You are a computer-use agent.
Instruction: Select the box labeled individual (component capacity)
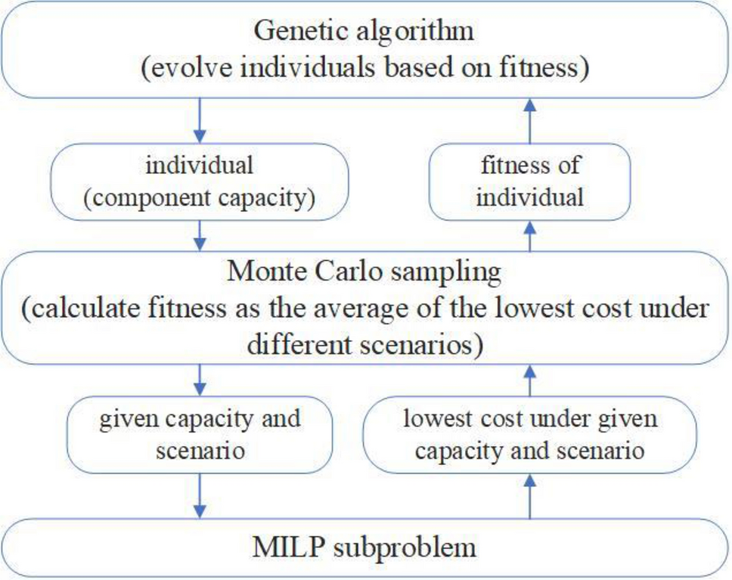point(199,181)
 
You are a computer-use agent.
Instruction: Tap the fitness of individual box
point(529,181)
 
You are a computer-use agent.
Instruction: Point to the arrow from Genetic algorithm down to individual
point(200,121)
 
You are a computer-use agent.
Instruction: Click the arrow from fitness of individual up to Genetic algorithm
point(529,121)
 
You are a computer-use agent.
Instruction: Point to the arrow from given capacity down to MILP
point(200,495)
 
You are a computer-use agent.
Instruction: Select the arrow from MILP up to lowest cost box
point(529,495)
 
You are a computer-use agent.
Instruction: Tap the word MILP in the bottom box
point(286,547)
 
